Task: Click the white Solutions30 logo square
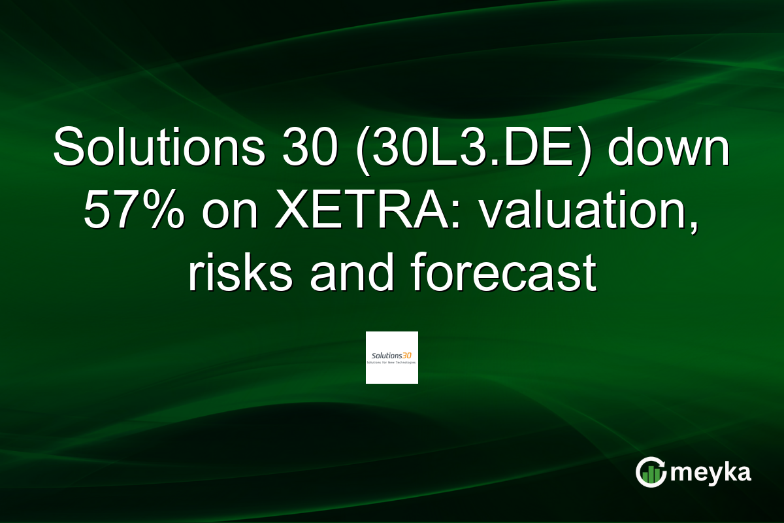[392, 358]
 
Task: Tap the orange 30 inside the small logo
[408, 354]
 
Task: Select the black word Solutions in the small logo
[385, 355]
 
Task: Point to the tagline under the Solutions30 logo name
[392, 362]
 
